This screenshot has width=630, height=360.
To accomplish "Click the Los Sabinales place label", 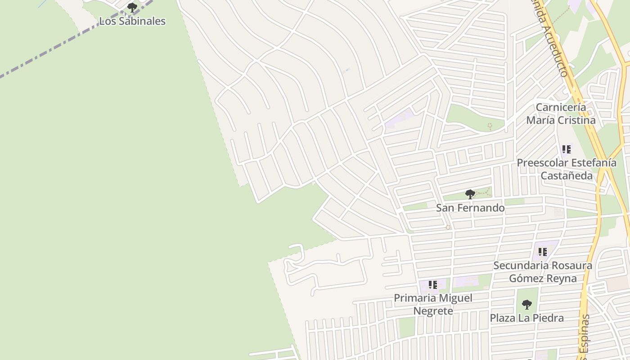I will [x=132, y=21].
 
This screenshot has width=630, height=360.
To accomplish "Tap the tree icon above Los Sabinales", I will [x=132, y=8].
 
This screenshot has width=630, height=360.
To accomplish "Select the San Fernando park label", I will [x=470, y=208].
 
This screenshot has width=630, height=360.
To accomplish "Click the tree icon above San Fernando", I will [x=470, y=194].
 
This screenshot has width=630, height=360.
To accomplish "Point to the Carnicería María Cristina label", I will [x=561, y=114].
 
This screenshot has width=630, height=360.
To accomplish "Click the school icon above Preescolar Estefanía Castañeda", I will [x=566, y=149].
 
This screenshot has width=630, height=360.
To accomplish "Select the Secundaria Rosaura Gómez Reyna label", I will [x=543, y=272].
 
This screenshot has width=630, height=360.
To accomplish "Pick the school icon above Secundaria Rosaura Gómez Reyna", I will [x=542, y=252].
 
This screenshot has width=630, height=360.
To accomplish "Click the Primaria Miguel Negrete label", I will [x=433, y=304].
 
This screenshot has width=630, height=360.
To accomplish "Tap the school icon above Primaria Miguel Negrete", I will [x=433, y=285].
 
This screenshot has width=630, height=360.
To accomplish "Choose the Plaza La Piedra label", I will [x=526, y=318].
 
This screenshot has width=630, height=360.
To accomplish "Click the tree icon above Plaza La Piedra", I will [x=526, y=305].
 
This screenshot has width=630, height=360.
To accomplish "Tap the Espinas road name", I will [x=584, y=335].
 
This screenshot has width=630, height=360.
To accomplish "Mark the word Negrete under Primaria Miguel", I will [x=433, y=311].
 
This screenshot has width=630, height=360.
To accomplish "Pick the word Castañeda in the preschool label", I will [x=567, y=175].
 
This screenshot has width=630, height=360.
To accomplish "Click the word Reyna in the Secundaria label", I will [x=562, y=279].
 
